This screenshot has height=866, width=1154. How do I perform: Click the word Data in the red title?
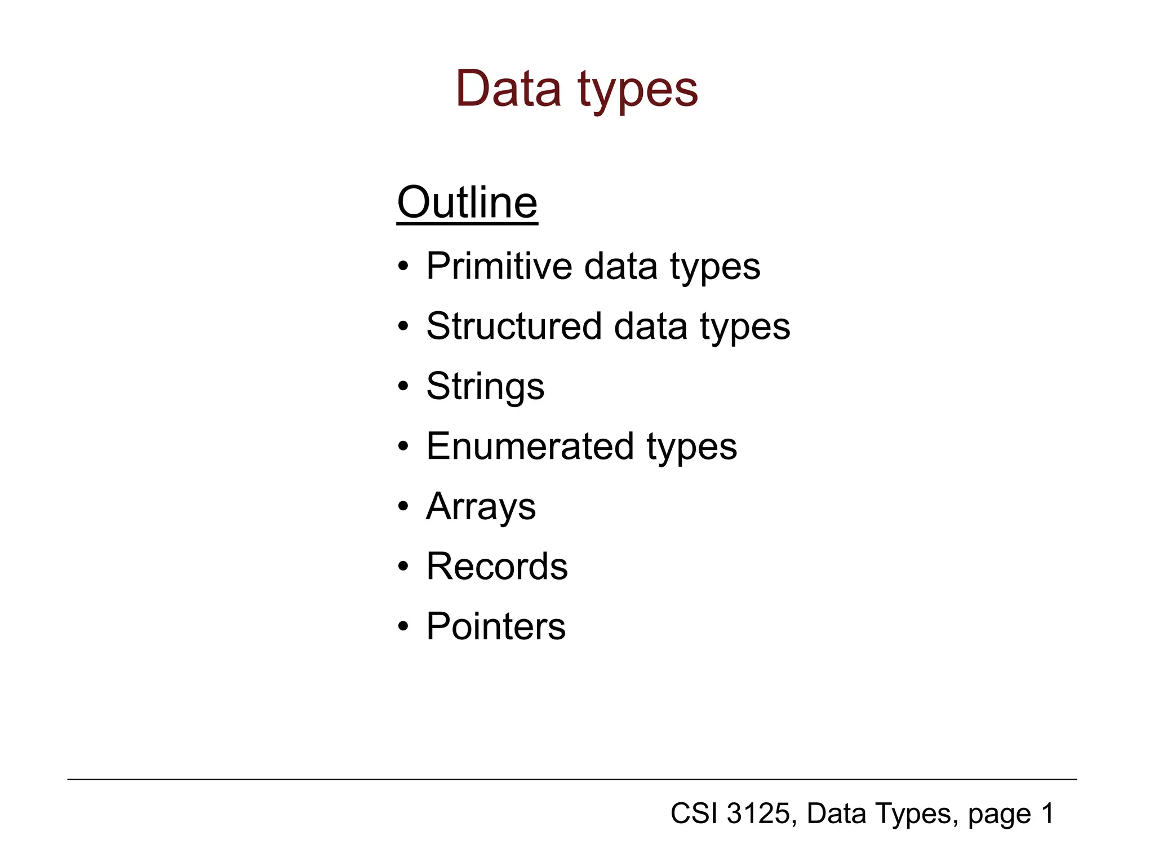pyautogui.click(x=508, y=89)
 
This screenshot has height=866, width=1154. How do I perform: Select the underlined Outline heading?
pyautogui.click(x=467, y=203)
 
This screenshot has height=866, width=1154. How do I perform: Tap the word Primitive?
pyautogui.click(x=499, y=266)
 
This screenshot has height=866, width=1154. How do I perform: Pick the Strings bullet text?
pyautogui.click(x=485, y=387)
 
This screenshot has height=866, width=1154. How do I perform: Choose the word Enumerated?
pyautogui.click(x=530, y=447)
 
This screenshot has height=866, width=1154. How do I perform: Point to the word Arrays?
pyautogui.click(x=481, y=507)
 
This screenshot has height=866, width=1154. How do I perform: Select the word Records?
pyautogui.click(x=497, y=567)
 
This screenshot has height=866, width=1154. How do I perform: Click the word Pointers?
pyautogui.click(x=496, y=626)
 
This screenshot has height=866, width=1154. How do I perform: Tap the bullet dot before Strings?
pyautogui.click(x=402, y=387)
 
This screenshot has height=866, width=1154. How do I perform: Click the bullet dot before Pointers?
pyautogui.click(x=402, y=627)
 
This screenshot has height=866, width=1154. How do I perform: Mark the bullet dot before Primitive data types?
pyautogui.click(x=402, y=267)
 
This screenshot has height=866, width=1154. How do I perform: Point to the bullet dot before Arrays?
pyautogui.click(x=402, y=507)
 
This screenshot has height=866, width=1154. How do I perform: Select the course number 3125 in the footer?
pyautogui.click(x=758, y=814)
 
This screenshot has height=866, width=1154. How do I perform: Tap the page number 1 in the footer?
pyautogui.click(x=1048, y=814)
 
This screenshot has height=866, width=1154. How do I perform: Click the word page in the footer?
pyautogui.click(x=998, y=815)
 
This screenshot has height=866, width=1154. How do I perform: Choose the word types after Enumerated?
pyautogui.click(x=691, y=448)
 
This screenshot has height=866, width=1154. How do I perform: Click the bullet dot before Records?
pyautogui.click(x=402, y=567)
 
